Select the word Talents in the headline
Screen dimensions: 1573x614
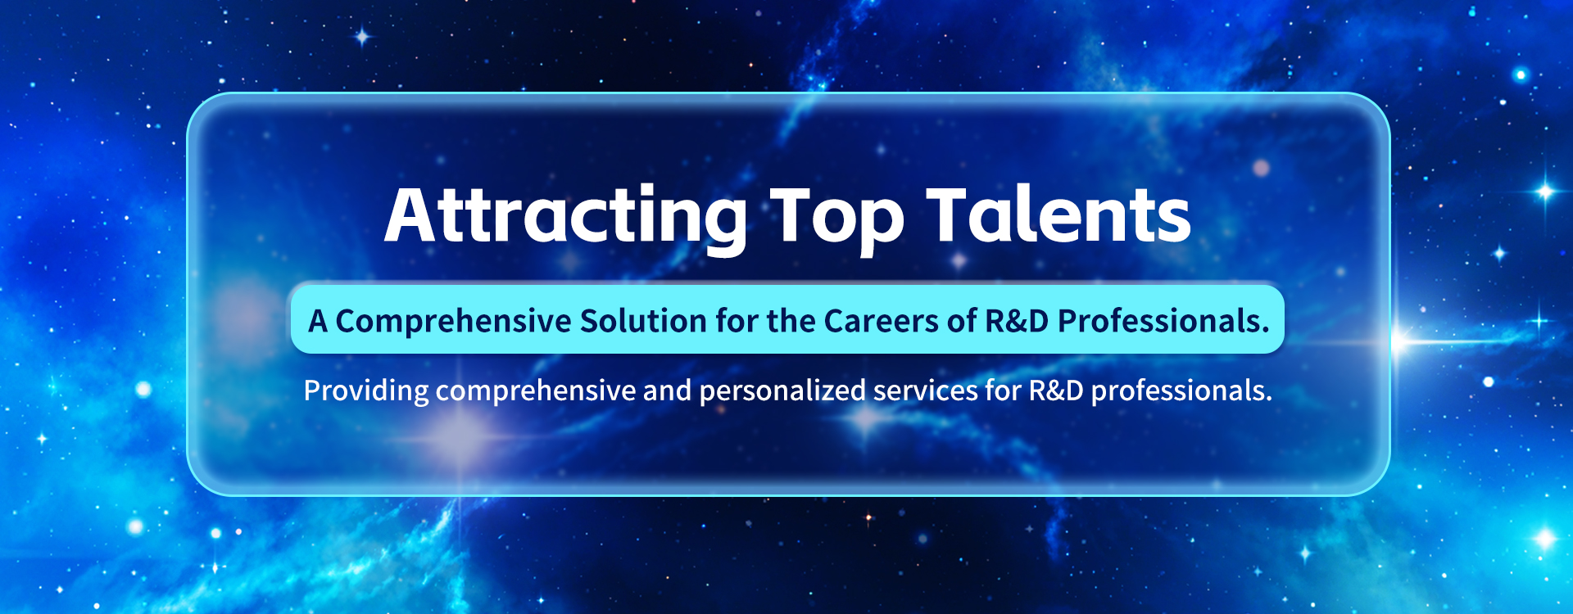pyautogui.click(x=1058, y=214)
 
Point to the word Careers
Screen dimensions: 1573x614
pyautogui.click(x=882, y=321)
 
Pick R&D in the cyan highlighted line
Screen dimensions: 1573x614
pyautogui.click(x=1017, y=321)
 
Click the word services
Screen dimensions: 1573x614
pyautogui.click(x=926, y=391)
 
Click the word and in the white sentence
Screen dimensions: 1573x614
pyautogui.click(x=667, y=391)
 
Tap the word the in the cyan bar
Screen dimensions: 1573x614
pyautogui.click(x=791, y=321)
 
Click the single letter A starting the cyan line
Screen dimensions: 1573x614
pyautogui.click(x=318, y=321)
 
